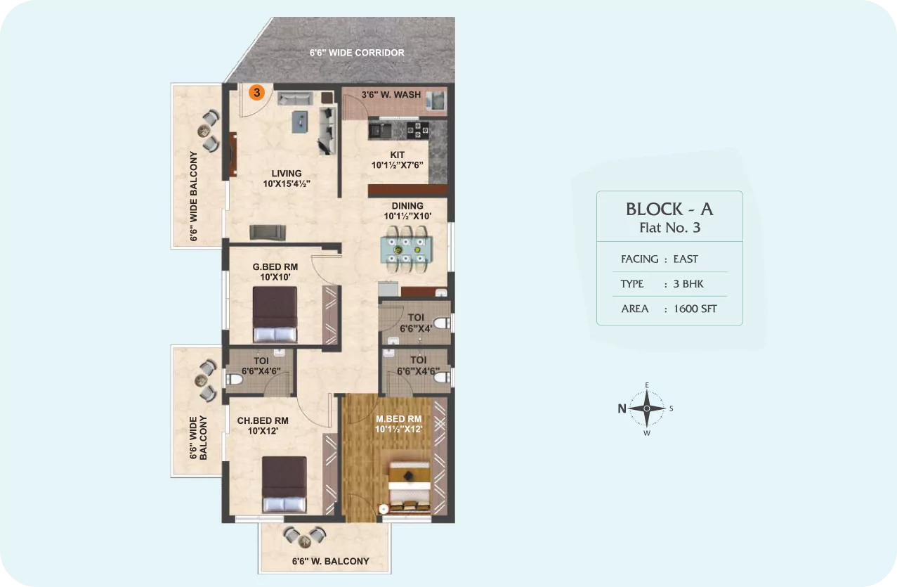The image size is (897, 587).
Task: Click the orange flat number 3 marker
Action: [256, 93]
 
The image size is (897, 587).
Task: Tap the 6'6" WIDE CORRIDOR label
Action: [357, 53]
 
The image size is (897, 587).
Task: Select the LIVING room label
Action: [287, 174]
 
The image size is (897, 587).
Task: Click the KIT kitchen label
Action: [398, 155]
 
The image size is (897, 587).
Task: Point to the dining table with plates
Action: [406, 250]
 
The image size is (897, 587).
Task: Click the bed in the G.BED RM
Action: [275, 314]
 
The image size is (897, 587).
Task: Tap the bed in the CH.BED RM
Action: [284, 484]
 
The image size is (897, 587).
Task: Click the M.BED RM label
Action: [398, 419]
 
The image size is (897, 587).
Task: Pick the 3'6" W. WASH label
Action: [391, 95]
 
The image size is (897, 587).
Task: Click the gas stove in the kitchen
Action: [418, 130]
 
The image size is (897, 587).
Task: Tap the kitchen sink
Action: [379, 130]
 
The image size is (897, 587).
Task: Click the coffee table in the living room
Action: [300, 122]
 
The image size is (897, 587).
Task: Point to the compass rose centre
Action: [647, 408]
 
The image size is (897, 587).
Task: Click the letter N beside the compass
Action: [622, 408]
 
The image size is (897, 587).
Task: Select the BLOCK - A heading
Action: [669, 209]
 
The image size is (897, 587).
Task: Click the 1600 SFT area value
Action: [695, 309]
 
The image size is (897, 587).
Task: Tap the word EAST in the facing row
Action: [686, 259]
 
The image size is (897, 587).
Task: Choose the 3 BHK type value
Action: [688, 284]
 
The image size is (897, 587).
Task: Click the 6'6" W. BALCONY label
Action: [330, 562]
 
